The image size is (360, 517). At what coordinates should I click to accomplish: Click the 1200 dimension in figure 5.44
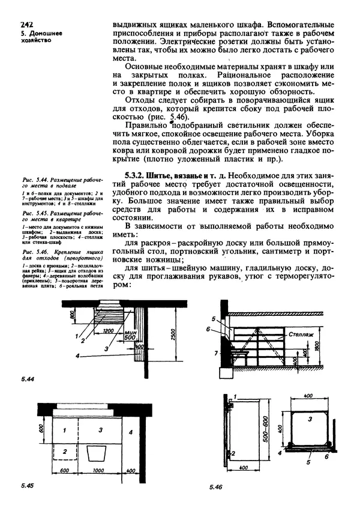point(109,331)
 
